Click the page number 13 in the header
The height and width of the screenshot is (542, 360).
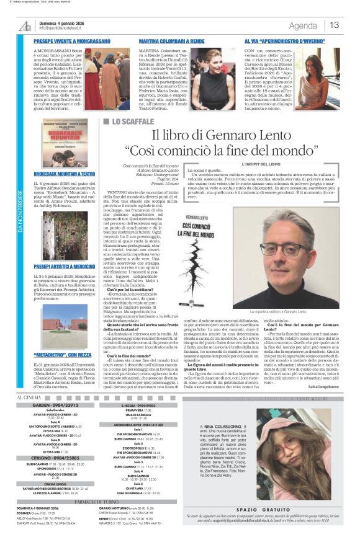(x=335, y=25)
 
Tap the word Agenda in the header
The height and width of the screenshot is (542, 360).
(x=303, y=25)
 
